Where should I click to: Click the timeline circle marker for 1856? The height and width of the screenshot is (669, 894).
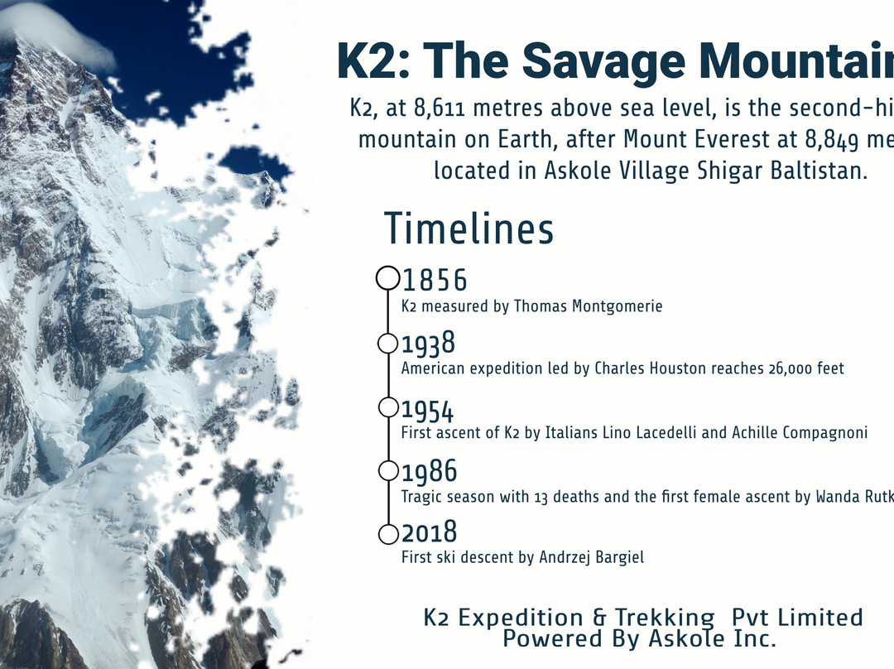point(388,278)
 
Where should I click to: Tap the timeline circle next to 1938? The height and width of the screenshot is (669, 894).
point(387,343)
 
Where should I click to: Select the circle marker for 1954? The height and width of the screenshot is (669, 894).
point(387,407)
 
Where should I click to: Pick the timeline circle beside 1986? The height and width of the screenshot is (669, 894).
point(387,470)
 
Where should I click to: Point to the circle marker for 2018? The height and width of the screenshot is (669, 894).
point(387,535)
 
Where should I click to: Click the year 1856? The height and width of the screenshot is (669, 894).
point(435,281)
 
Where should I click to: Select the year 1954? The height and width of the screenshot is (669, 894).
point(428,410)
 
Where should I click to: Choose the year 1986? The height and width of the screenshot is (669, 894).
point(430,472)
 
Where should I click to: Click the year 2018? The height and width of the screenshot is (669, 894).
point(430,533)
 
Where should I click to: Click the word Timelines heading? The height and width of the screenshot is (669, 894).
point(469,229)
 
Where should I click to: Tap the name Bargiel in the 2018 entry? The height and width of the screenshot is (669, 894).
point(617,557)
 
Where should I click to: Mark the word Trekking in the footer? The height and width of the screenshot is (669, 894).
point(664,618)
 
